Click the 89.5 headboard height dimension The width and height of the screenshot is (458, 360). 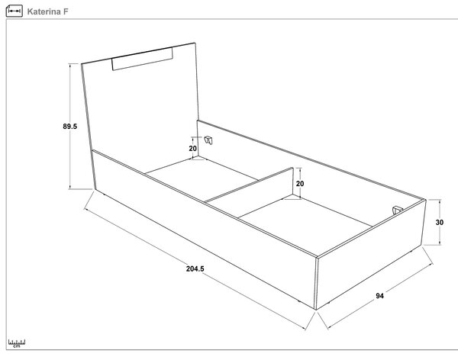[x=70, y=127]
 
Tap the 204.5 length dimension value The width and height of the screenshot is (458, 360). [x=195, y=268]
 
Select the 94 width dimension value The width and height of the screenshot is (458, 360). [x=379, y=296]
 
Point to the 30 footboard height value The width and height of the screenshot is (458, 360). [x=440, y=222]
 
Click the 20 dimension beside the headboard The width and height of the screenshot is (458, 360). [x=193, y=149]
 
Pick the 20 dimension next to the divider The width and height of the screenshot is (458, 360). [x=300, y=184]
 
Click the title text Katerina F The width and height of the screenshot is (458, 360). [x=47, y=11]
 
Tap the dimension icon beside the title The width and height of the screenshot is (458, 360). [x=14, y=11]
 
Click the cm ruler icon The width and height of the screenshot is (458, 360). [x=17, y=343]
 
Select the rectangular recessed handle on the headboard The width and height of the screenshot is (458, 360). [x=142, y=59]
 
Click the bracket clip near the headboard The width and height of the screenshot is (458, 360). [x=208, y=140]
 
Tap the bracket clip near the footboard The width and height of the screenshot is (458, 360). [x=397, y=210]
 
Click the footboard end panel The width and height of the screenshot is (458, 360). [x=371, y=254]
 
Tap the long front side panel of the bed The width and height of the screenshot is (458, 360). [x=205, y=230]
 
